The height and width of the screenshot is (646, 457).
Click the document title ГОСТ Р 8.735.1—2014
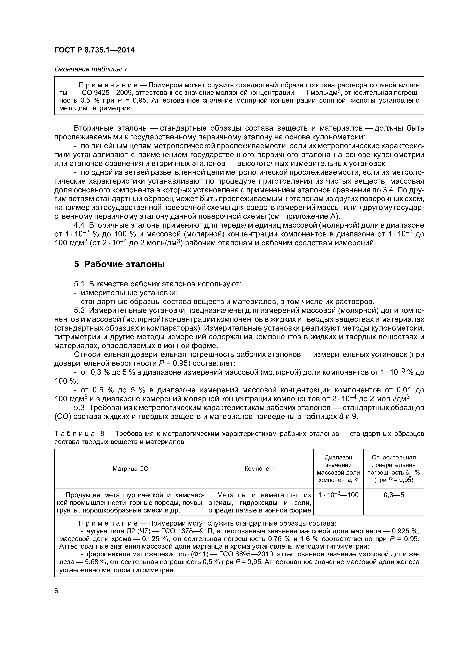coord(94,50)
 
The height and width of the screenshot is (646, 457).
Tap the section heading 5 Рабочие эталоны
coord(119,264)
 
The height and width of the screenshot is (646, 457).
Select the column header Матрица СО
coord(130,468)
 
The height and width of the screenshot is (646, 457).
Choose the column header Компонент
coord(260,468)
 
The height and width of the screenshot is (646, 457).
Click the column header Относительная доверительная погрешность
coord(394,468)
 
